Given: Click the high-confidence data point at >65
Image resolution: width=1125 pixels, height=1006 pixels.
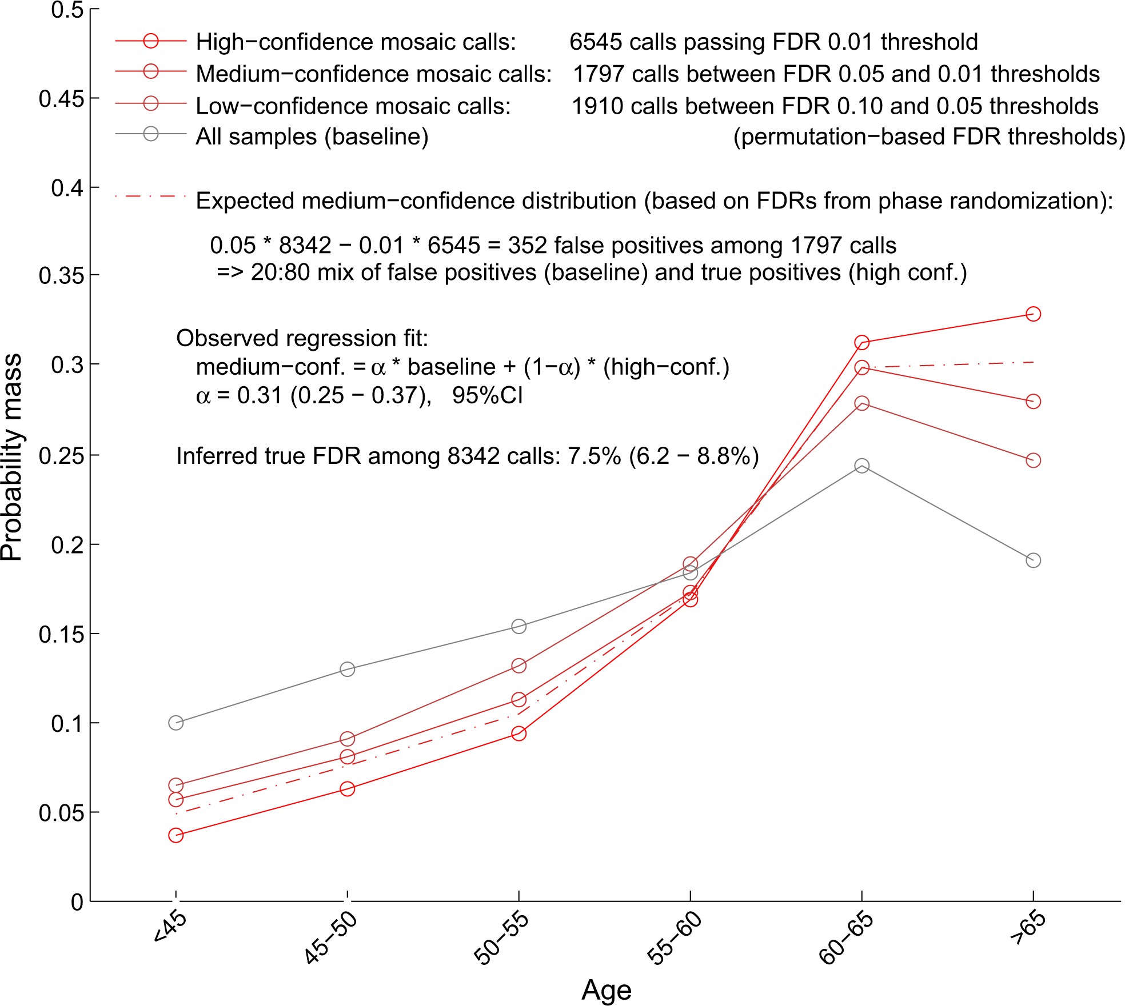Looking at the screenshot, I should [x=1033, y=314].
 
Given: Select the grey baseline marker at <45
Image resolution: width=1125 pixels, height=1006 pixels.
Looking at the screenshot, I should [x=176, y=723].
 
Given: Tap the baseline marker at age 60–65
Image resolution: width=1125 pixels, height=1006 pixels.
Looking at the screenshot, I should [x=861, y=466].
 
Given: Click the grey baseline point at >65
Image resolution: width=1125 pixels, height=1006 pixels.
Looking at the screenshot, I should [x=1033, y=560].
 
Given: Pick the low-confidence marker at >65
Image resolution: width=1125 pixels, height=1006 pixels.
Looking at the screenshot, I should [x=1033, y=460].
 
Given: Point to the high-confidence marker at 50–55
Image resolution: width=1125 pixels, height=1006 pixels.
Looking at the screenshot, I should [x=518, y=733].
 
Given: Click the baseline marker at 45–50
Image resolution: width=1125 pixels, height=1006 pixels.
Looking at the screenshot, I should [x=347, y=668].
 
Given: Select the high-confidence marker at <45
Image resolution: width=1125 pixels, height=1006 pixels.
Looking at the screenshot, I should [x=176, y=835].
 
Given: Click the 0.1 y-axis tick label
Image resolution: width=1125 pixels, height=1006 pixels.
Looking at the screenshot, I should [x=67, y=724].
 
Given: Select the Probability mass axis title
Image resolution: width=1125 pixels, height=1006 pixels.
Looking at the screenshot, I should [x=11, y=457].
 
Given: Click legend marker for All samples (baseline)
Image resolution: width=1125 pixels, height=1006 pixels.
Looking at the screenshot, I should [x=151, y=134].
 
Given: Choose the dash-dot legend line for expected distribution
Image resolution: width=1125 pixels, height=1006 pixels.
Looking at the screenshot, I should [x=151, y=197].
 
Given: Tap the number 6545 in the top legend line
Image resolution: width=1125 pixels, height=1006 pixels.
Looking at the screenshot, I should [x=595, y=42].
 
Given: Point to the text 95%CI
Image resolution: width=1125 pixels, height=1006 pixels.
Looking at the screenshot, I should [x=487, y=395].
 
